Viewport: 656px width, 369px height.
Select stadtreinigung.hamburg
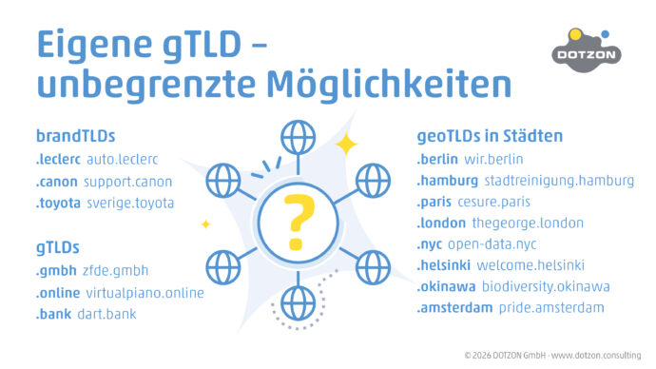(x=558, y=181)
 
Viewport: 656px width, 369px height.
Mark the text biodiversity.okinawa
(x=546, y=287)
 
